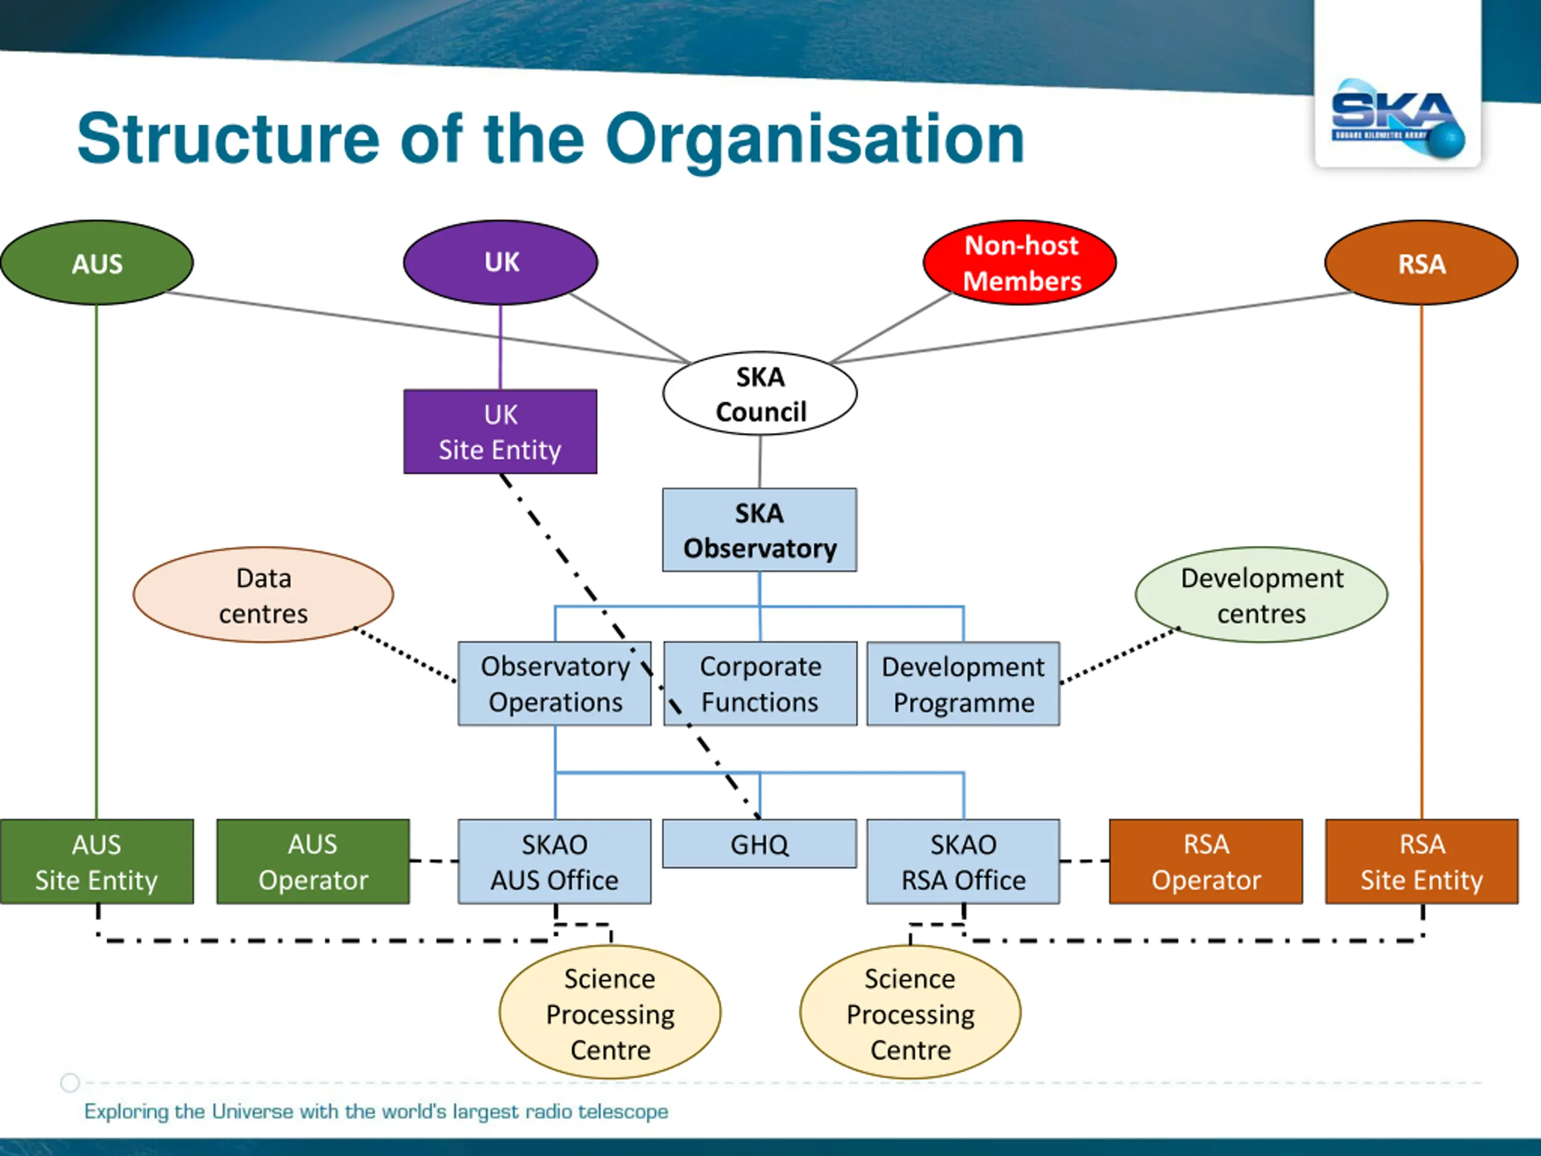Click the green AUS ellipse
point(97,263)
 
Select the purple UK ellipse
point(500,263)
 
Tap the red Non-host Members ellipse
point(1020,263)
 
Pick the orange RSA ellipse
point(1421,263)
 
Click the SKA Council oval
point(760,394)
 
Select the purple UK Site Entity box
point(500,432)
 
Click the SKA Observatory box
point(760,530)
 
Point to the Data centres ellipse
point(263,595)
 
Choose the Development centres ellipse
point(1262,595)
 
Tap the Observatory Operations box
point(554,683)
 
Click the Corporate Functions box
point(760,683)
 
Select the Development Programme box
point(964,683)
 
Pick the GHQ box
point(760,844)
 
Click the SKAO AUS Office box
point(554,862)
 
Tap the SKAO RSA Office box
point(964,862)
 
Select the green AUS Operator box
point(314,862)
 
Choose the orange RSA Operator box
point(1206,862)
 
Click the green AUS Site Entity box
point(97,862)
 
